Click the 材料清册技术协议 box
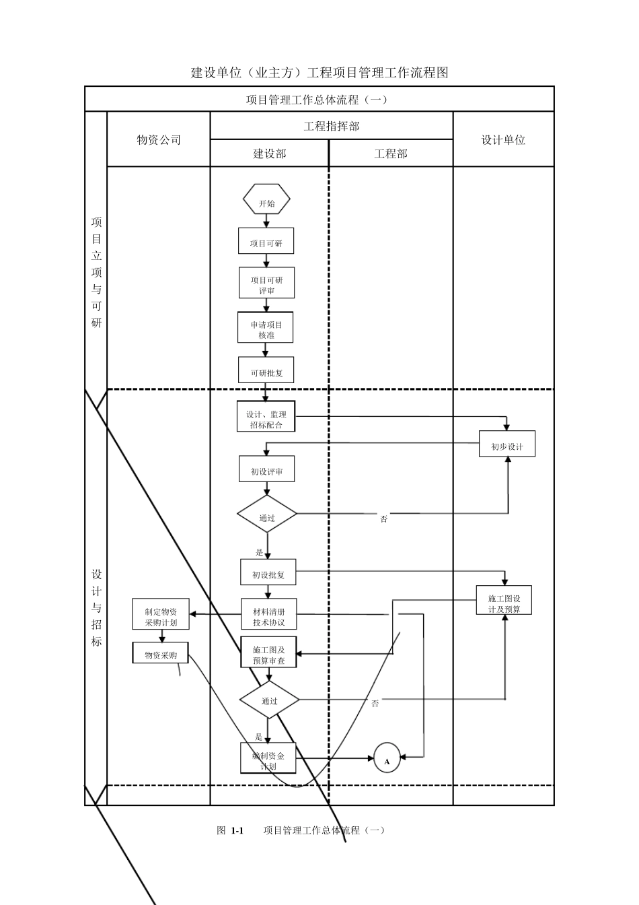[268, 615]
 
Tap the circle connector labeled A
[387, 758]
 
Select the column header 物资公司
[159, 139]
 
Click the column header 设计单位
[503, 139]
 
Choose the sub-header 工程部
[390, 154]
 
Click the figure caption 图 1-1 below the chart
[300, 830]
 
